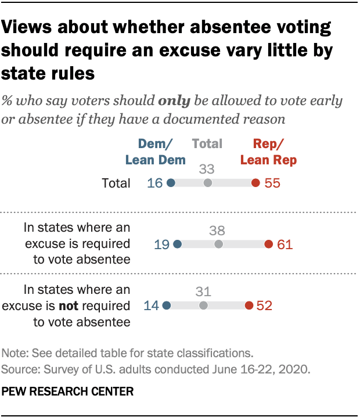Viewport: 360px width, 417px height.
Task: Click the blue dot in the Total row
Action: (171, 183)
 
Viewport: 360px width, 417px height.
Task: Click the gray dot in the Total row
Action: (208, 183)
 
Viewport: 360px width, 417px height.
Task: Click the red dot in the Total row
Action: (255, 183)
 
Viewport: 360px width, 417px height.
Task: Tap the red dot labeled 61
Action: (268, 245)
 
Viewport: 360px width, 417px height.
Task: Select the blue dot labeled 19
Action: (178, 245)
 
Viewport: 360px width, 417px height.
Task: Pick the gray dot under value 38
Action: (218, 245)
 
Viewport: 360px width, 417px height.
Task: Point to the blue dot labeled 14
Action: (167, 305)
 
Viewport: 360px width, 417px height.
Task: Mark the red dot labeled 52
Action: (249, 305)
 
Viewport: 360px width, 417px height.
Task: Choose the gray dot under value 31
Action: (203, 305)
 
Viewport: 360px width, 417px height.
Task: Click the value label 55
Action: (272, 183)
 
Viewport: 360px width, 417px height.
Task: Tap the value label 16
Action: (155, 183)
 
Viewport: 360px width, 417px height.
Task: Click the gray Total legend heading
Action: (207, 143)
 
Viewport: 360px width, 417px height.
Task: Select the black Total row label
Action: (115, 184)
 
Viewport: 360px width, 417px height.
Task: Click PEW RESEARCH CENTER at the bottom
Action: (68, 391)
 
